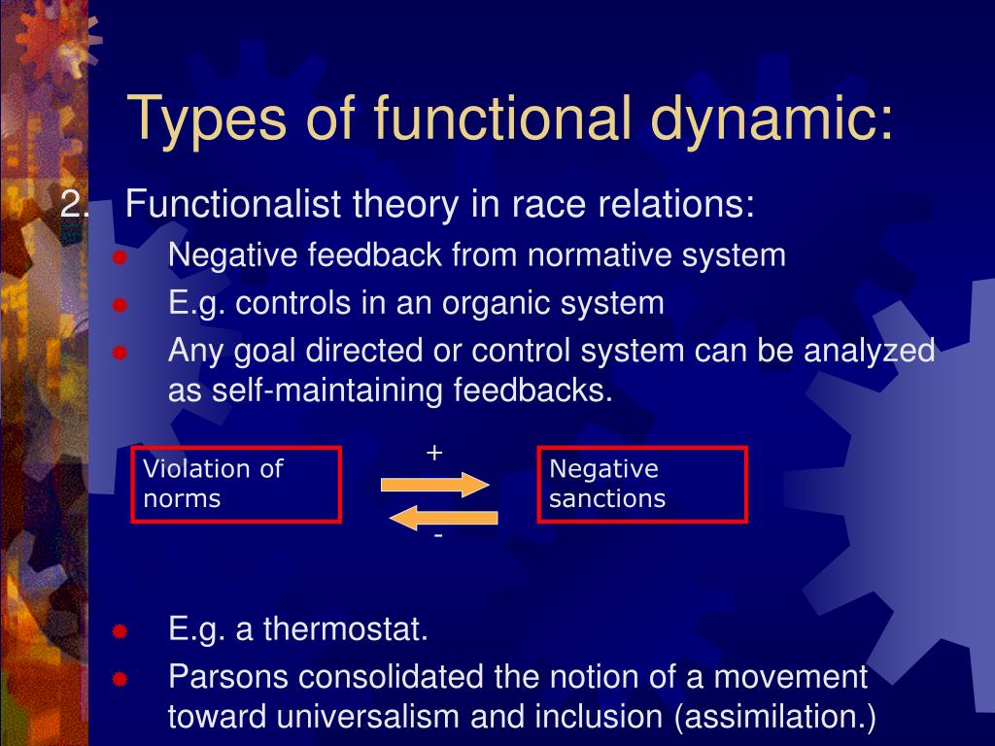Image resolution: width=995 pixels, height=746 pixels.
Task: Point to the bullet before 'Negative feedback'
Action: (120, 257)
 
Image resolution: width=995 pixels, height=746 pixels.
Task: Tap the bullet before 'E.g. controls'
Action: (120, 305)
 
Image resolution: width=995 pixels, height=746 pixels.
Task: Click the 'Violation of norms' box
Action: (236, 484)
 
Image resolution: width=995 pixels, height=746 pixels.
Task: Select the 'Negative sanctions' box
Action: (642, 484)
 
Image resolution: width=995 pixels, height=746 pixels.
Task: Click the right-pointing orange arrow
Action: (435, 484)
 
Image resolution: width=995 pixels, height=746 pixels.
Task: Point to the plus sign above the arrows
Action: (434, 453)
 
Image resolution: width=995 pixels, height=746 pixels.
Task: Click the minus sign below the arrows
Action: (438, 536)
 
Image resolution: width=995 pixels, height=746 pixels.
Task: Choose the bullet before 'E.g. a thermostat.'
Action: (120, 631)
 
